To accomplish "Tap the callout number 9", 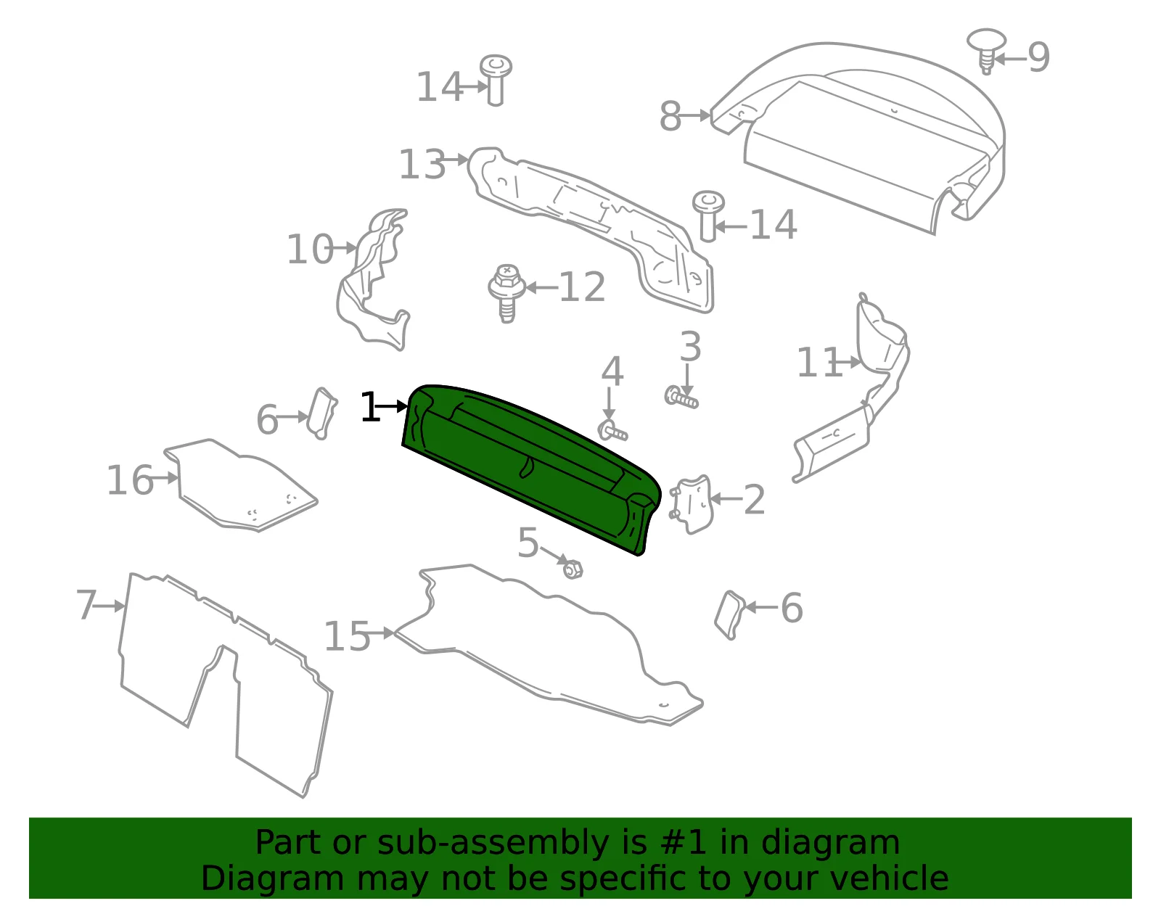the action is [1038, 57].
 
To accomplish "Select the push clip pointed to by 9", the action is [986, 51].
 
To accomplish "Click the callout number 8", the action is [670, 116].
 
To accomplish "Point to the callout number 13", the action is [422, 164].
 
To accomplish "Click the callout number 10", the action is [310, 250].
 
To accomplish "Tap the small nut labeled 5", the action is [573, 569].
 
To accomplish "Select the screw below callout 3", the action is [681, 398].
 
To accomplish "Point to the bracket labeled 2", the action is [692, 505].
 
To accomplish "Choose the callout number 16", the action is [131, 480].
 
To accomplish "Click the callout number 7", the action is [86, 605].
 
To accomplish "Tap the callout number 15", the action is [348, 636].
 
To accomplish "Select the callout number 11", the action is [819, 363].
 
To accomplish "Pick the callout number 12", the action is [582, 287].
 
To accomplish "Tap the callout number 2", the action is [754, 500].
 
